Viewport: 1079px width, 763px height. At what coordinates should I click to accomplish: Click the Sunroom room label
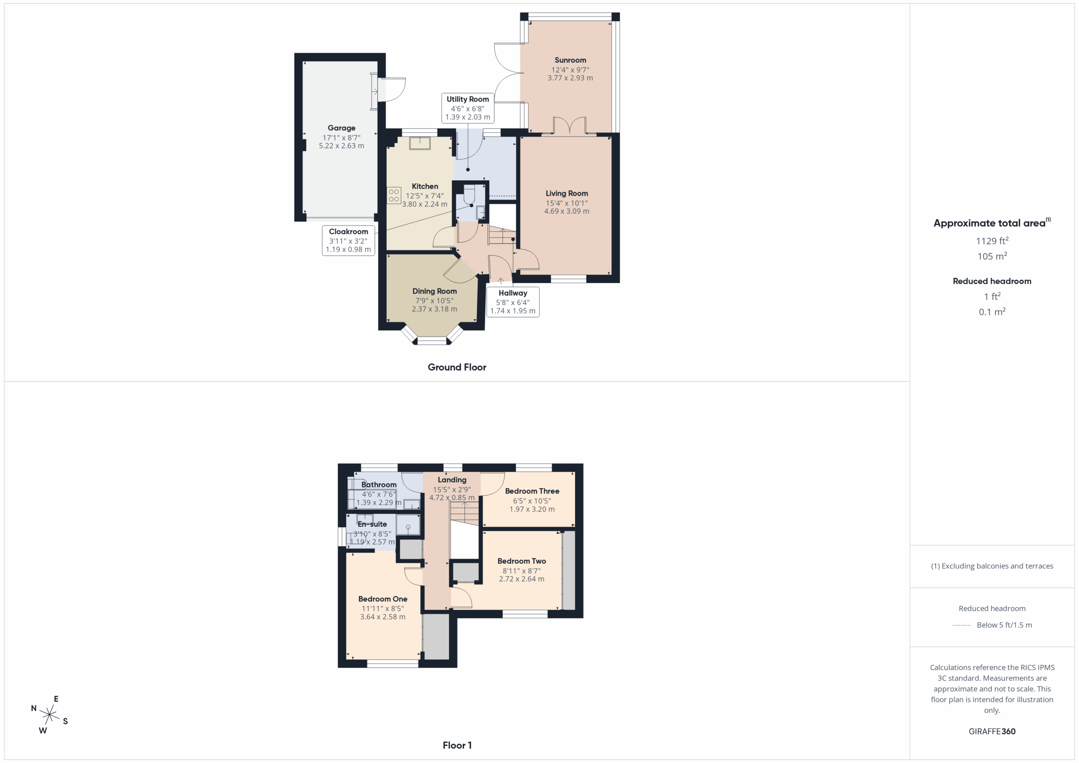point(570,60)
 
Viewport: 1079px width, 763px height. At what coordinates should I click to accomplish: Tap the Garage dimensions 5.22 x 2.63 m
point(342,146)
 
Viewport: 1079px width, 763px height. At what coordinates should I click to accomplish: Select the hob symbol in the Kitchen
point(394,195)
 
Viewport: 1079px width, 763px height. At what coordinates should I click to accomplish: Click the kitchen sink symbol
point(420,143)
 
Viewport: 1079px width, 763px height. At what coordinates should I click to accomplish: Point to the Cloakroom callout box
point(348,240)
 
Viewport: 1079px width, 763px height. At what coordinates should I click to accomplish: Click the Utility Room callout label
point(467,99)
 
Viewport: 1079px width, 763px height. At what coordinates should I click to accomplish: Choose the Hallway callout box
point(513,302)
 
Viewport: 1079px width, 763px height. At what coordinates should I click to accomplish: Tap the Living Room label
point(567,193)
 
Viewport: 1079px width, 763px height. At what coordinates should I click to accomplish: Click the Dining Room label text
point(435,291)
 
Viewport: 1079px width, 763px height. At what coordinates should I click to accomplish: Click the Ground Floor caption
point(457,367)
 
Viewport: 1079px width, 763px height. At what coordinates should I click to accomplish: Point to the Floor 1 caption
point(457,745)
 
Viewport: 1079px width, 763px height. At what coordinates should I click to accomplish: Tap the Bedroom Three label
point(532,491)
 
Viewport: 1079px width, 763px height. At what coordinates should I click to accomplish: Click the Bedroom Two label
point(522,561)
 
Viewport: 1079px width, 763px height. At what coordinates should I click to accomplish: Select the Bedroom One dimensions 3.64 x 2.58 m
point(383,617)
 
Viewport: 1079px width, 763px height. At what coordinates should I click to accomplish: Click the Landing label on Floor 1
point(452,480)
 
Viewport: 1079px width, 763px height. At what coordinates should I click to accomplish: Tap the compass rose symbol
point(49,715)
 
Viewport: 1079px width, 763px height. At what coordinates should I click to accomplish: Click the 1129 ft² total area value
point(992,241)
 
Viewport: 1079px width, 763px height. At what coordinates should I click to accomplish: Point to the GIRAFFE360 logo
point(992,731)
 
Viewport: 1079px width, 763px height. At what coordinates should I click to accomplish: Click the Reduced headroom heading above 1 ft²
point(992,281)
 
